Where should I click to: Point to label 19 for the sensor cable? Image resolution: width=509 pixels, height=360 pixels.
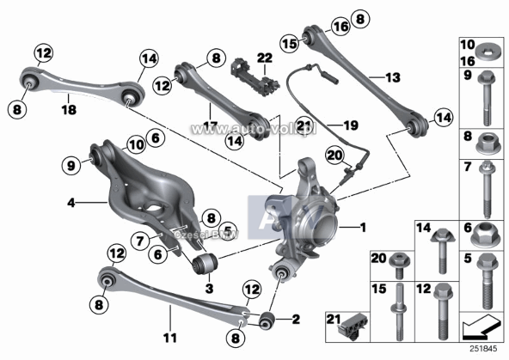[351, 126]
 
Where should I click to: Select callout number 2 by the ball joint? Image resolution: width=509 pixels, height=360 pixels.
[297, 319]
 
